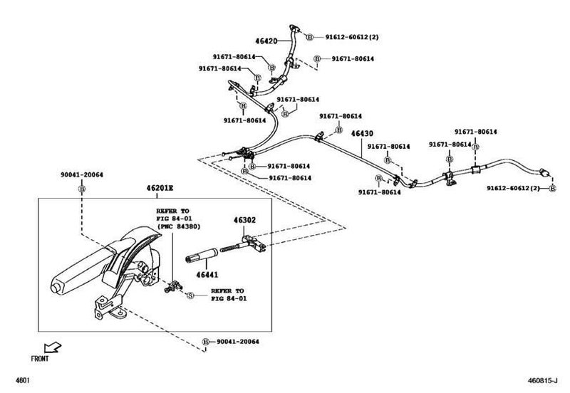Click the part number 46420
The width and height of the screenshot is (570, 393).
(x=266, y=43)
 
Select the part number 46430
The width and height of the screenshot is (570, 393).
(x=362, y=132)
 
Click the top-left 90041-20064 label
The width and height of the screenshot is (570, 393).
(x=81, y=174)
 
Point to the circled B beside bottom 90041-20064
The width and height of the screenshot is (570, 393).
(x=205, y=342)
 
